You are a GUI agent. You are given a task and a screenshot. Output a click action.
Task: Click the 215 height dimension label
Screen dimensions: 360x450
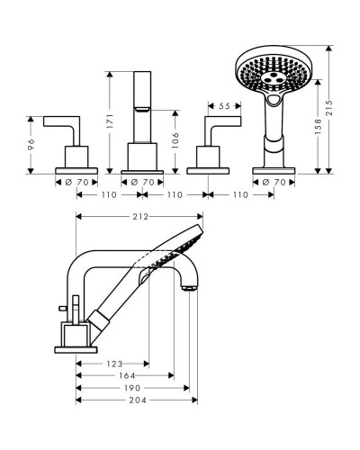click(329, 108)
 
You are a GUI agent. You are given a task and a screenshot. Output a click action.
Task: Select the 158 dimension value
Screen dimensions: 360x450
click(318, 126)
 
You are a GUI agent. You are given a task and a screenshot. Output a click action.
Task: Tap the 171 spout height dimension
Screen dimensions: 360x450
click(110, 121)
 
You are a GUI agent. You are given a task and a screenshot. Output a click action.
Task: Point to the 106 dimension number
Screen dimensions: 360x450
click(175, 140)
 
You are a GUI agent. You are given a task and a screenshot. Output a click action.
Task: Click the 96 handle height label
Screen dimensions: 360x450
click(31, 144)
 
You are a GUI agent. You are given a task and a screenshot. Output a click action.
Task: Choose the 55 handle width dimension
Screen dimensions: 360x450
click(224, 106)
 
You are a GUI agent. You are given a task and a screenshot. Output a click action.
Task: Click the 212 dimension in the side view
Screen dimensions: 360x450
click(140, 216)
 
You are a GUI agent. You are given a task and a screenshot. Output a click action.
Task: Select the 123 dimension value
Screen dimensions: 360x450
click(114, 364)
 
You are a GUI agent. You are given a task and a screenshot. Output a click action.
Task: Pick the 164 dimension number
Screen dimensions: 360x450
click(127, 375)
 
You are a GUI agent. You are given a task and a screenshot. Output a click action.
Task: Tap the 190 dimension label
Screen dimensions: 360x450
click(132, 388)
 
